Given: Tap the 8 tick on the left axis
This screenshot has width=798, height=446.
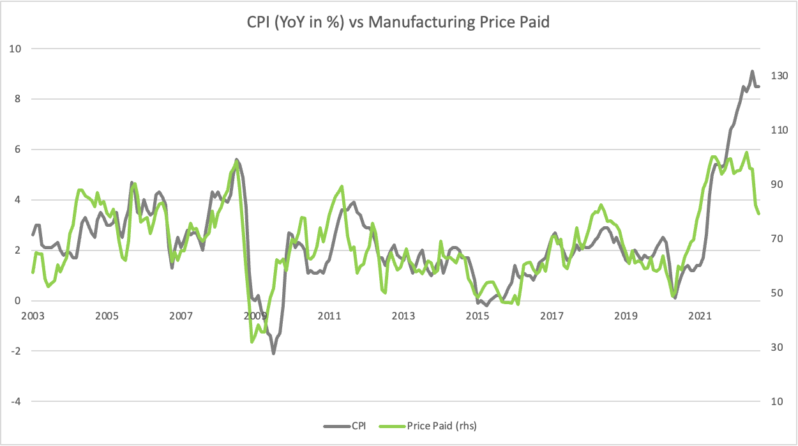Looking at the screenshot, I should [x=19, y=99].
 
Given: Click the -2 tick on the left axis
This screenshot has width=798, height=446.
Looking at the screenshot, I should [x=17, y=351].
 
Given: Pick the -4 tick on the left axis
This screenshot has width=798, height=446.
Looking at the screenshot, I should [x=17, y=401].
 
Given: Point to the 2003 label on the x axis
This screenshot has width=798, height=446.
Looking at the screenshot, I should [x=32, y=316].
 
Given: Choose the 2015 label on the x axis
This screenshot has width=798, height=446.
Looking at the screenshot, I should [x=478, y=316].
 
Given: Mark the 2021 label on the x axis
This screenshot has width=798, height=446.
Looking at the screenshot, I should [x=700, y=316].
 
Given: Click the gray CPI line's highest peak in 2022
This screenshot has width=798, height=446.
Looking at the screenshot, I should [x=752, y=72].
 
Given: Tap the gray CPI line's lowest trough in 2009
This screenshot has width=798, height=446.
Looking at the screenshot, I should [x=273, y=353].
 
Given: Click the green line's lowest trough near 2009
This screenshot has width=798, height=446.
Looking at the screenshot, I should [x=252, y=342].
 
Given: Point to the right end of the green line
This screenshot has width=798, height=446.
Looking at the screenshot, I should [x=759, y=213].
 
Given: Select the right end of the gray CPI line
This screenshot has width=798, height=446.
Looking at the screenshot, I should [x=759, y=86].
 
